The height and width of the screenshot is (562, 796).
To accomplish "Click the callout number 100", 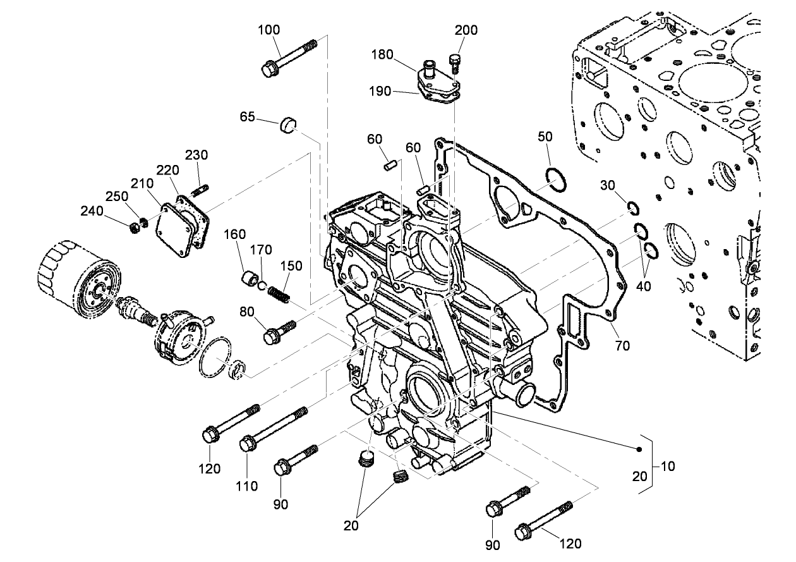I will (x=269, y=30).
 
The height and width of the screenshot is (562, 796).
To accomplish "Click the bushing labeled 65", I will (x=289, y=125).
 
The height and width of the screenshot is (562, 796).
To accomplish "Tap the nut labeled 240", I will (x=135, y=227).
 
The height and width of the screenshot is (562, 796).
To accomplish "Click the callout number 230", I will (x=196, y=155).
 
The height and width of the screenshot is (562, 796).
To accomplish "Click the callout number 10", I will (x=668, y=467).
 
